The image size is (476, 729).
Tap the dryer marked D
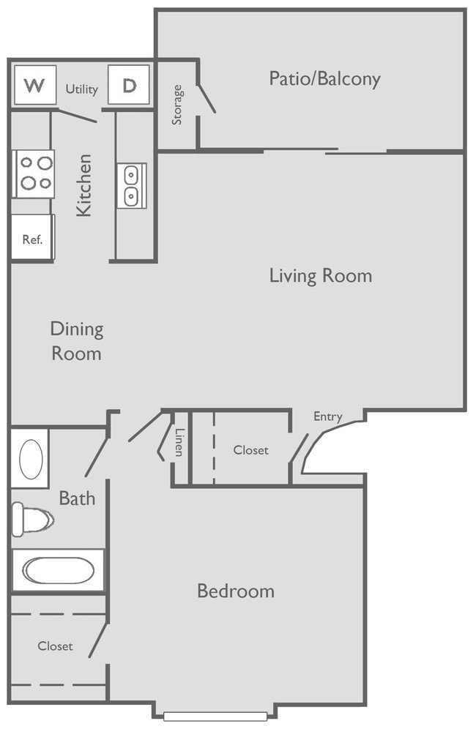(x=129, y=86)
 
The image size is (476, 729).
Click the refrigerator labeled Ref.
(x=32, y=238)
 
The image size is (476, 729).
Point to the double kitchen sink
(x=132, y=186)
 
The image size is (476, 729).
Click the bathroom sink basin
(x=31, y=459)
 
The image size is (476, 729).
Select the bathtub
(x=58, y=570)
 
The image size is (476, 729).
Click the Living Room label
(x=320, y=276)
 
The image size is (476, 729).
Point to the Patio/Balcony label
(x=324, y=78)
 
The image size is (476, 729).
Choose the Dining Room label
(x=76, y=341)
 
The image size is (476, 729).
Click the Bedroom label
(x=235, y=591)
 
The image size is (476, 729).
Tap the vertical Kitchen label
(x=85, y=184)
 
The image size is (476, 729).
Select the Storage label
(x=177, y=105)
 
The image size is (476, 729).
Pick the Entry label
(x=327, y=416)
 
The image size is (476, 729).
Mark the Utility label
(x=81, y=89)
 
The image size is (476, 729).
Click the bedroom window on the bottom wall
(x=215, y=715)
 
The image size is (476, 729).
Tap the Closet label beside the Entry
(x=250, y=450)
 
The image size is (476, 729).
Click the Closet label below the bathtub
(x=55, y=646)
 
